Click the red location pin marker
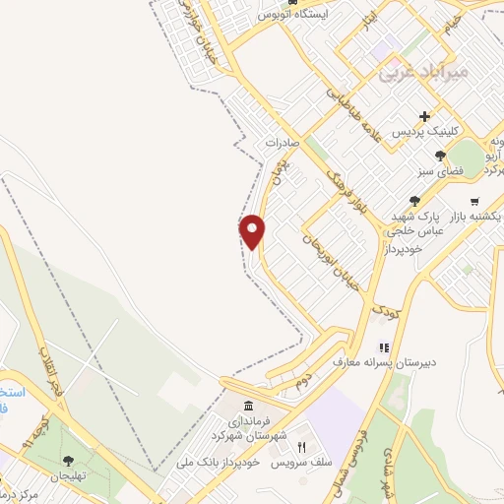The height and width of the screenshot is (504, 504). [x=254, y=231]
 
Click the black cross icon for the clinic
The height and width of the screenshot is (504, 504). [x=425, y=116]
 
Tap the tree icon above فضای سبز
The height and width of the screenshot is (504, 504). [x=440, y=155]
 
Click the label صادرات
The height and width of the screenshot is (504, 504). [x=283, y=143]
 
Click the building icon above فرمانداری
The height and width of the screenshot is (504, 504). [x=247, y=407]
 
